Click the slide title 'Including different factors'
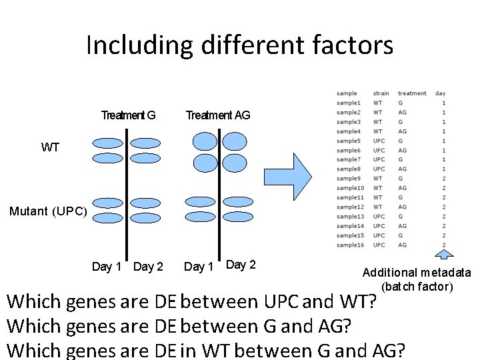(x=239, y=45)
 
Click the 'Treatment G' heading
(x=128, y=115)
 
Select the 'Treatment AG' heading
(x=218, y=115)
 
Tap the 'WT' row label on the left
(x=50, y=147)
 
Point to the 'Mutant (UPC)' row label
(x=48, y=211)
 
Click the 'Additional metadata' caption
(x=417, y=273)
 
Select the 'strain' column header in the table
(x=381, y=93)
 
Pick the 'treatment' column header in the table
(x=412, y=93)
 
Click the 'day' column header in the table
(x=440, y=93)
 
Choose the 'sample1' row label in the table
(x=349, y=103)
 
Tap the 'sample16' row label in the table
(x=350, y=245)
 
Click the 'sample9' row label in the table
(x=349, y=179)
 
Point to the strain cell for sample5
(x=379, y=141)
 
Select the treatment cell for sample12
(x=403, y=207)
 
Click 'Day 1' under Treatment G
(x=107, y=267)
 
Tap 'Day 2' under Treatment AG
(x=241, y=265)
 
